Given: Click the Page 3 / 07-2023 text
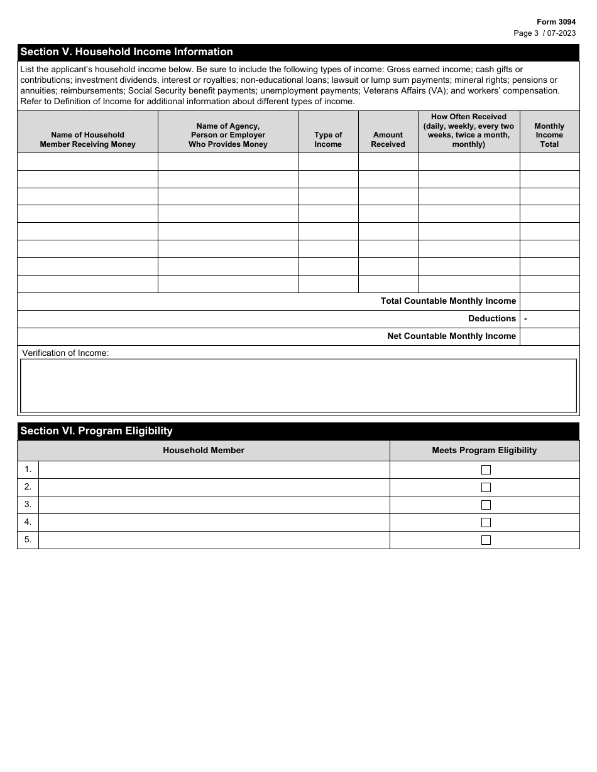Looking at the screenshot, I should (x=544, y=33).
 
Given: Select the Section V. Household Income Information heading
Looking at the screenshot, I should (x=126, y=52).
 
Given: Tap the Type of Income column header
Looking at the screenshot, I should (x=328, y=139).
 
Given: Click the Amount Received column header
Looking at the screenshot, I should (x=388, y=139).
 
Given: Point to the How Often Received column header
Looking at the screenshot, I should (x=469, y=131).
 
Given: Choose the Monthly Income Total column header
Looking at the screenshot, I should (x=549, y=135).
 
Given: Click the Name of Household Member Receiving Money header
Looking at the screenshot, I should (x=87, y=139).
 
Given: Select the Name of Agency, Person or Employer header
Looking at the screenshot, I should (x=228, y=135).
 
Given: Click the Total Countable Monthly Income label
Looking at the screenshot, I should (x=448, y=301).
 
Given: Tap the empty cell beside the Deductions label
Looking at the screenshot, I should (x=552, y=319).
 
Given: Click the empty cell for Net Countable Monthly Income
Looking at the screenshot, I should (x=549, y=336).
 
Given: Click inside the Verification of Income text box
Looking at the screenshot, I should (x=298, y=385).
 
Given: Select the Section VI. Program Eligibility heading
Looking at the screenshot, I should (x=96, y=431).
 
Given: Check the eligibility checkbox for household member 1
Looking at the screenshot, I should (x=486, y=469).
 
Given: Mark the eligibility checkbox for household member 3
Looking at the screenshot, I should (x=486, y=505).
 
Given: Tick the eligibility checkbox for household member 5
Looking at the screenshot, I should (x=486, y=540).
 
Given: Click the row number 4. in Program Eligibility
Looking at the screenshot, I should (x=28, y=522).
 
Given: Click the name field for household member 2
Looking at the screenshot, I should (x=214, y=487).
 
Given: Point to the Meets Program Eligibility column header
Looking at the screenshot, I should (x=485, y=450).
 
